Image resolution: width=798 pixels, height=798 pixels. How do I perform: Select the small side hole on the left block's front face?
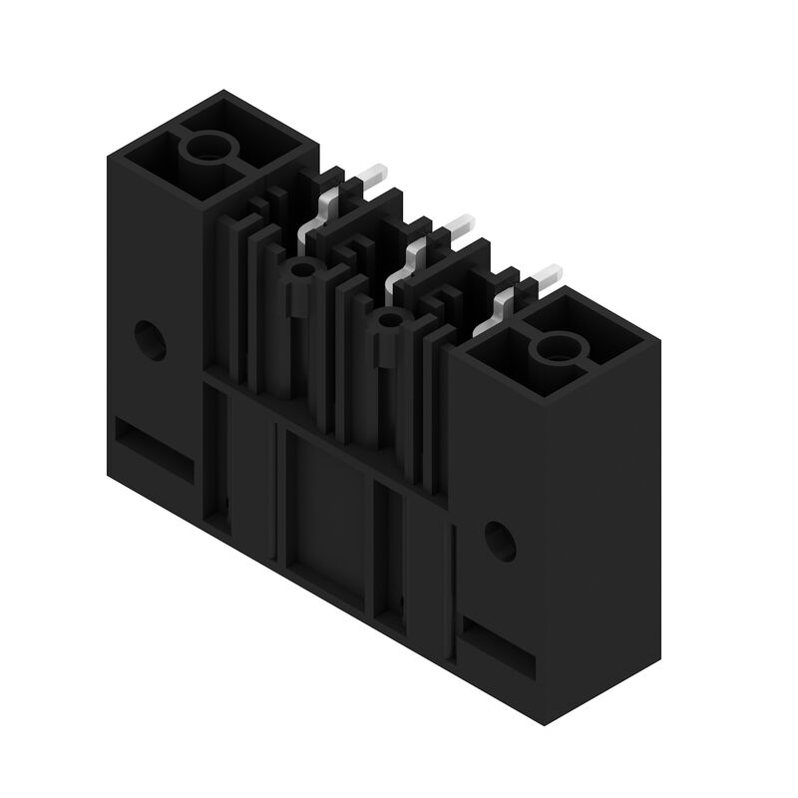[x=151, y=340]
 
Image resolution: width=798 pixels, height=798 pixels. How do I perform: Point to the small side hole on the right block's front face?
[x=500, y=540]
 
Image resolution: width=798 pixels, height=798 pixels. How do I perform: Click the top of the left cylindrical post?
[x=299, y=269]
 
